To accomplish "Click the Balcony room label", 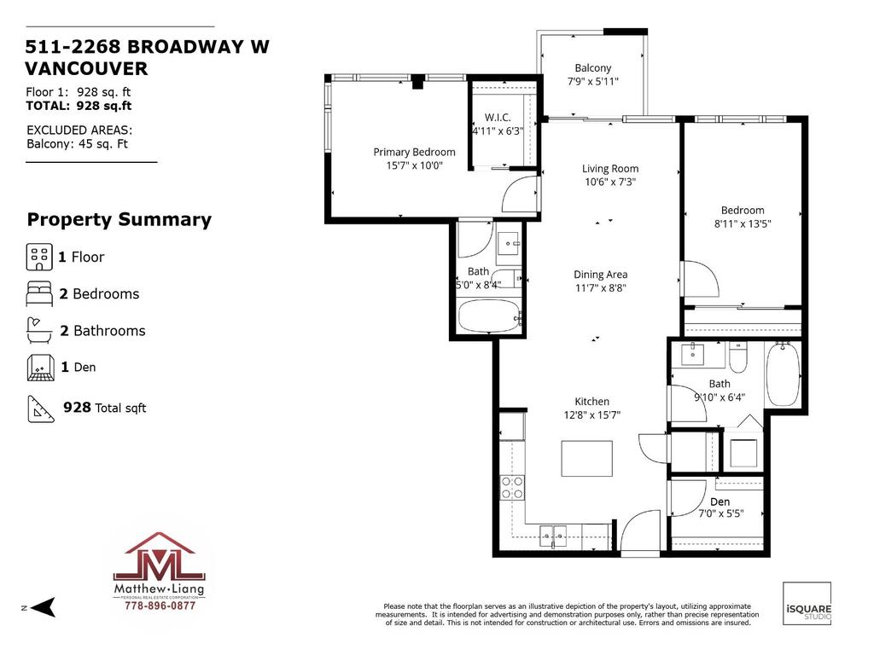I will click(592, 68).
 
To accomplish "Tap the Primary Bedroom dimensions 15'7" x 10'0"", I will click(414, 166).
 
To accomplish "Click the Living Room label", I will click(610, 169).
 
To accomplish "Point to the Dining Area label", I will click(600, 275).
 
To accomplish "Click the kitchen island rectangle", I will click(586, 458).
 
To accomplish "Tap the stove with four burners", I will click(512, 487).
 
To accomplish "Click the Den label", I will click(720, 501).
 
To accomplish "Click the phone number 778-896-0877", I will click(160, 606).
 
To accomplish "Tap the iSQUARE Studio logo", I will click(807, 603).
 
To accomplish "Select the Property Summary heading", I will click(119, 220).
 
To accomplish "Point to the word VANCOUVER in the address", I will click(87, 69).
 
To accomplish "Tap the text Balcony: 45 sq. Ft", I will click(78, 144).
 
